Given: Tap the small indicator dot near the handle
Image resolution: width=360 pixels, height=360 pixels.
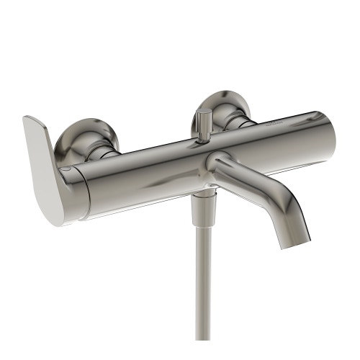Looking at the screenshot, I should point(66,168).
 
